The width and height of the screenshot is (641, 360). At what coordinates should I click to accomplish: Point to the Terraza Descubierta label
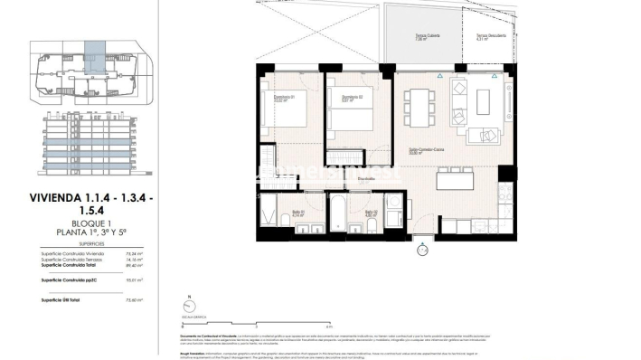[492, 37]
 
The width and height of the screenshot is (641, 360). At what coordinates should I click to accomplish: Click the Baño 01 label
[298, 214]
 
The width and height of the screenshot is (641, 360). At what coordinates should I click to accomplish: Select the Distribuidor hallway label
[341, 179]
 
